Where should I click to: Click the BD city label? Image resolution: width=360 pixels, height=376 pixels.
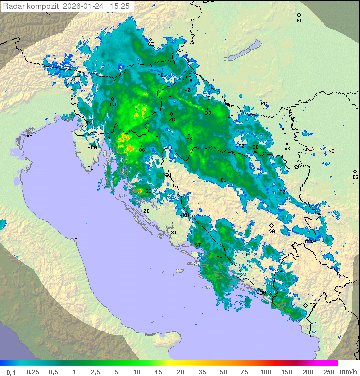tap(299, 21)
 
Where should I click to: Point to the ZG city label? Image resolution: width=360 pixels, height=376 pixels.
tap(172, 120)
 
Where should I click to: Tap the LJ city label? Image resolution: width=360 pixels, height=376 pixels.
tap(113, 105)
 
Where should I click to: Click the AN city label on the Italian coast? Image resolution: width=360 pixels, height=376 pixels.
tap(77, 240)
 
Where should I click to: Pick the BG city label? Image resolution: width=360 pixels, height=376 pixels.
tap(355, 177)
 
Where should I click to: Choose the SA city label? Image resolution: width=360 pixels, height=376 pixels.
tap(272, 231)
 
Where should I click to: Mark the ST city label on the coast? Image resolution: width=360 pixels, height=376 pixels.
tap(198, 245)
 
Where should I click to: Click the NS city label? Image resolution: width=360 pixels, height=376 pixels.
tap(331, 151)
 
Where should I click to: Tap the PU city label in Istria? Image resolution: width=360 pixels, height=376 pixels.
tap(90, 168)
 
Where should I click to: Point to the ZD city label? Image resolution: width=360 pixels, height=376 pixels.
tap(146, 211)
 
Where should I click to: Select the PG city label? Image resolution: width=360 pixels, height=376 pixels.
tap(312, 305)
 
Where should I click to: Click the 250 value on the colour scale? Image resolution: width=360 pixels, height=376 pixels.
tap(329, 372)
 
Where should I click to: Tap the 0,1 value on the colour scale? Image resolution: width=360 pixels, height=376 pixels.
tap(11, 372)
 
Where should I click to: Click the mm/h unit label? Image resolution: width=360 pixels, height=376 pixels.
tap(348, 372)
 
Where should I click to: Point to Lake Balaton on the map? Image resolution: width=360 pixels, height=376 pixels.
tap(243, 50)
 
